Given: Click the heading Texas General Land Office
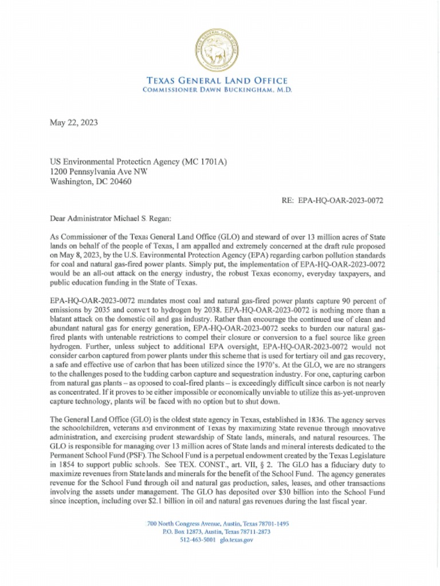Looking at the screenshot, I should pos(217,81).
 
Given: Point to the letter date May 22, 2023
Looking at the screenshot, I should pos(73,122).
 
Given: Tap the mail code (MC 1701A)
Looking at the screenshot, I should pos(204,162).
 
